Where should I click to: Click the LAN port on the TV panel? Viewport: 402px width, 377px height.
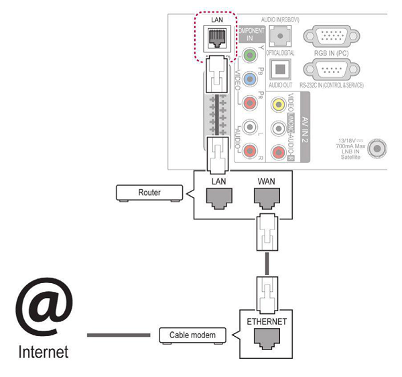[x=217, y=38]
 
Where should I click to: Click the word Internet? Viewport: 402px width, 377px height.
[x=43, y=352]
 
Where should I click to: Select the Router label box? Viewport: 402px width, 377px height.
[x=149, y=193]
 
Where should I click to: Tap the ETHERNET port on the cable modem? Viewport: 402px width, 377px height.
[x=267, y=339]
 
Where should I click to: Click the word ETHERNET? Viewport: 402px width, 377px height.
[x=267, y=321]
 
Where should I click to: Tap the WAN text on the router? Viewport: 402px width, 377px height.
[x=267, y=181]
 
